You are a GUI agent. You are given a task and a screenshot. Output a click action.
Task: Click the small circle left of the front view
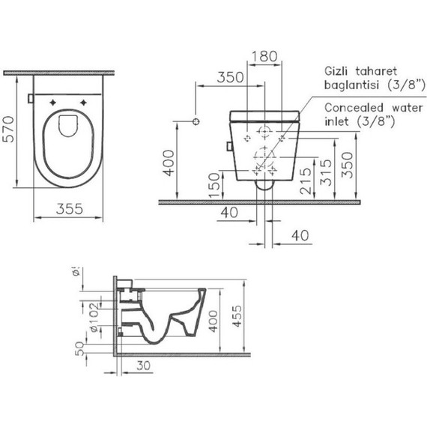click(x=196, y=121)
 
